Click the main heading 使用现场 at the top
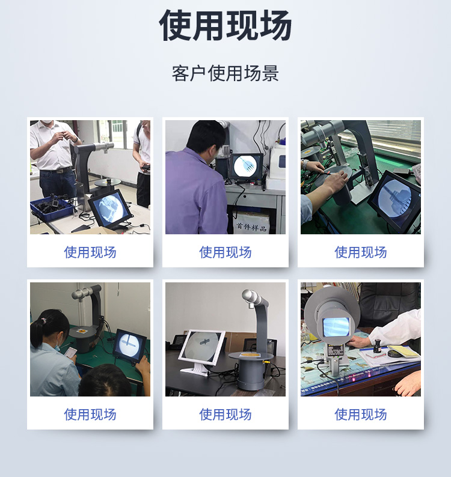click(226, 25)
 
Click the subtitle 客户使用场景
click(226, 73)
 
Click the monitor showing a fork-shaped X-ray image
click(247, 166)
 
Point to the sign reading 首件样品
click(251, 227)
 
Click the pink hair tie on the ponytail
click(44, 320)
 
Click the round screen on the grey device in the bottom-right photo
click(336, 327)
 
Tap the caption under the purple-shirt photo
click(226, 252)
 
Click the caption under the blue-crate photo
click(90, 252)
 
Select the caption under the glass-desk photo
click(361, 415)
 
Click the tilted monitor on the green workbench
click(394, 200)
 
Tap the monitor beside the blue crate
click(110, 208)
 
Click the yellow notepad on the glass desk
click(402, 351)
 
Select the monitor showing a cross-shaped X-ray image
click(129, 347)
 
